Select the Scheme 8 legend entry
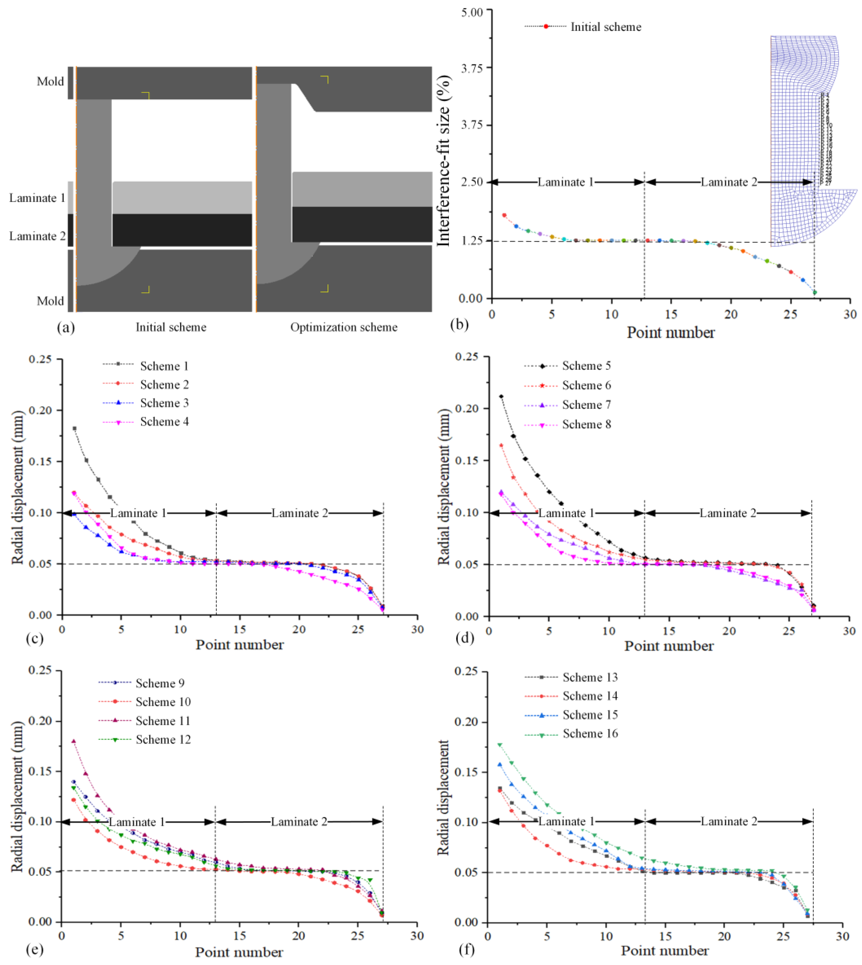click(586, 424)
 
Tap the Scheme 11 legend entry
click(162, 721)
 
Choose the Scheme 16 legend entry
click(590, 733)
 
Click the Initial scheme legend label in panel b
click(605, 27)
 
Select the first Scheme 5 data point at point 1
click(501, 396)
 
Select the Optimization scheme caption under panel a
click(344, 327)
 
